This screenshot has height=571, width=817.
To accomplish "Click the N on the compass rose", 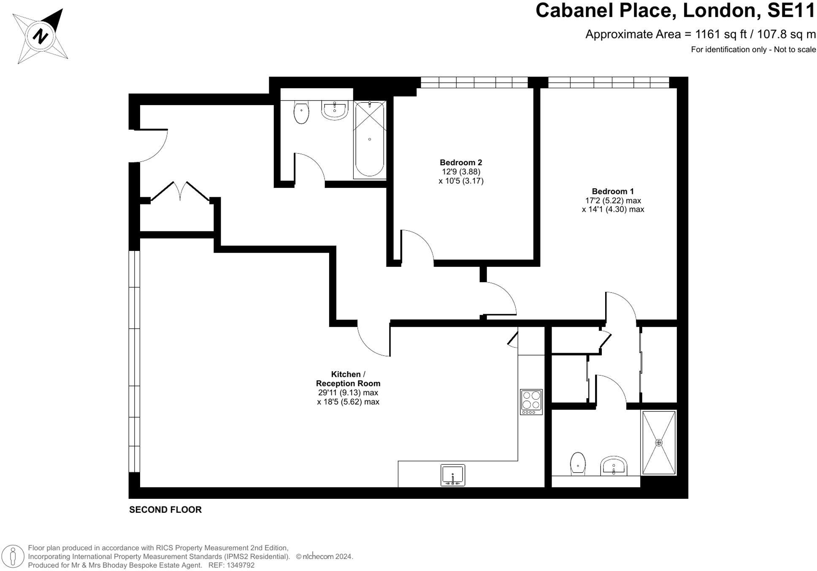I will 41,35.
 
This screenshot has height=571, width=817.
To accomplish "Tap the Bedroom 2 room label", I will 460,163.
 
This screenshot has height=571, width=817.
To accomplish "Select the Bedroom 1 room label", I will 612,191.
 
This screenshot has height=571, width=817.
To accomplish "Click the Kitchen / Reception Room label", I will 348,379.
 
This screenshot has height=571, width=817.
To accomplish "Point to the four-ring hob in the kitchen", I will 531,402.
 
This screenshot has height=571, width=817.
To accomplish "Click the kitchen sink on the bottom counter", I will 452,475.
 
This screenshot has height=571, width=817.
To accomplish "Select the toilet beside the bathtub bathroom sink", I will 301,112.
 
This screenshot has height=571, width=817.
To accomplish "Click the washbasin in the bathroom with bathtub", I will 335,110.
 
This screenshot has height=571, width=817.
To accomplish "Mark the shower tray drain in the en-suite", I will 658,443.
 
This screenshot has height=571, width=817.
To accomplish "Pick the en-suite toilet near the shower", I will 577,464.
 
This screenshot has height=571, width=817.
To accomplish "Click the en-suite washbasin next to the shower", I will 614,466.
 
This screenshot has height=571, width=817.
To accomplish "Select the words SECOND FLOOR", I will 165,510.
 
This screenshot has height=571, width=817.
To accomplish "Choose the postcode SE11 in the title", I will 791,11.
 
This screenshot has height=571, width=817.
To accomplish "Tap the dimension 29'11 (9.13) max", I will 348,393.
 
